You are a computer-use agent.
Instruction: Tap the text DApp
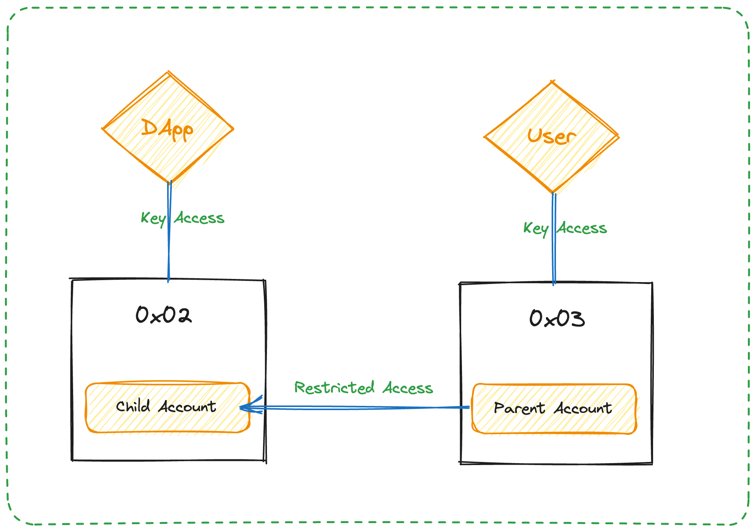click(x=167, y=129)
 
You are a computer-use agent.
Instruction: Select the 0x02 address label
click(x=163, y=315)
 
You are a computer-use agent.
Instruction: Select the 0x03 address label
click(x=557, y=318)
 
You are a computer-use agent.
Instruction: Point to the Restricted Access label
click(x=363, y=388)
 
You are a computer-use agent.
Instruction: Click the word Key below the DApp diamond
click(x=153, y=219)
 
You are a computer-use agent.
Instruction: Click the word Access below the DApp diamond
click(x=199, y=218)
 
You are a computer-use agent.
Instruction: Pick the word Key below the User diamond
click(x=535, y=229)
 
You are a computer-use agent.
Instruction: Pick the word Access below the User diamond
click(x=582, y=228)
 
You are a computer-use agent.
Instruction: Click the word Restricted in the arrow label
click(x=334, y=388)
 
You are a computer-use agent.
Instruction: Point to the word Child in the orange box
click(x=133, y=406)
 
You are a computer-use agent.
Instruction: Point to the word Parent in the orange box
click(x=519, y=409)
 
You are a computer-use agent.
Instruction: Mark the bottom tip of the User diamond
click(x=553, y=192)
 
